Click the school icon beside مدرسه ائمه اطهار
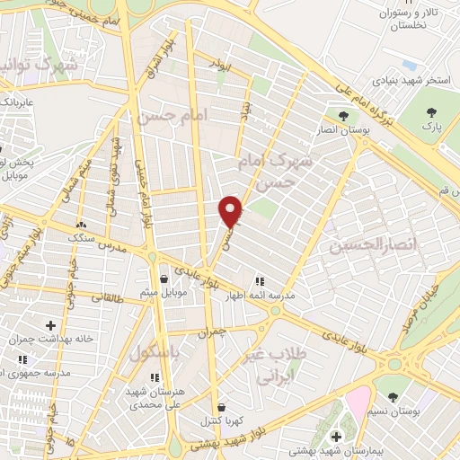point(261,280)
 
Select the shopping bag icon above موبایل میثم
point(163,278)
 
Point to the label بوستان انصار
point(341,129)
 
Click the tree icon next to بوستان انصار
point(342,115)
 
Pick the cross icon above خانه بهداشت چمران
point(50,324)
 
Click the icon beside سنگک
point(82,225)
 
